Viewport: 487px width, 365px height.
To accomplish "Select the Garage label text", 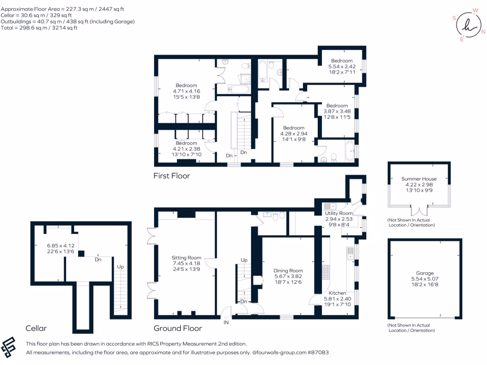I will [425, 273].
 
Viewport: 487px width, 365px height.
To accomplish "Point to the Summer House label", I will [419, 179].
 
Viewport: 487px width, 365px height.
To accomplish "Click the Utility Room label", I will [339, 214].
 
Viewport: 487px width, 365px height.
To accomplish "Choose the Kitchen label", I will [338, 293].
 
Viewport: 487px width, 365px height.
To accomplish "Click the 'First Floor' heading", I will [171, 176].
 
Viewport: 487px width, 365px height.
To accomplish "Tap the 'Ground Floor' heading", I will [177, 328].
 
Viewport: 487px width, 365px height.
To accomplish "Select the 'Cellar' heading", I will [37, 328].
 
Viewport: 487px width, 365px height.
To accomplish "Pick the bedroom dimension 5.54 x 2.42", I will [342, 67].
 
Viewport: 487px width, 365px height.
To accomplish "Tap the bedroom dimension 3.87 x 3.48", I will [337, 112].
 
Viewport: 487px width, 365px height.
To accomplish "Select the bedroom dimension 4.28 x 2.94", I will [293, 134].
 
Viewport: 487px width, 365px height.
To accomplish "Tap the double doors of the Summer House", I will [419, 211].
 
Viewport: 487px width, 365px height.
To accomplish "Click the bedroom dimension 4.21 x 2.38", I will [186, 149].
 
